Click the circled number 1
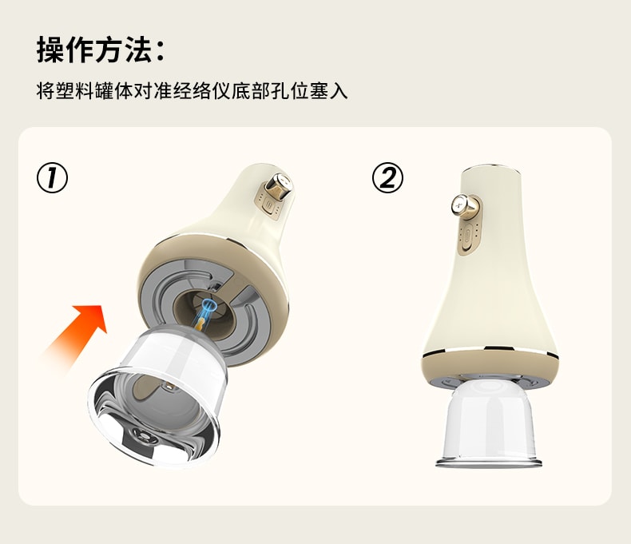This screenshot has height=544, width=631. tap(52, 177)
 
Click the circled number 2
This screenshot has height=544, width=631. tap(387, 177)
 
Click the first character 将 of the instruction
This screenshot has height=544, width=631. tap(46, 89)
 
